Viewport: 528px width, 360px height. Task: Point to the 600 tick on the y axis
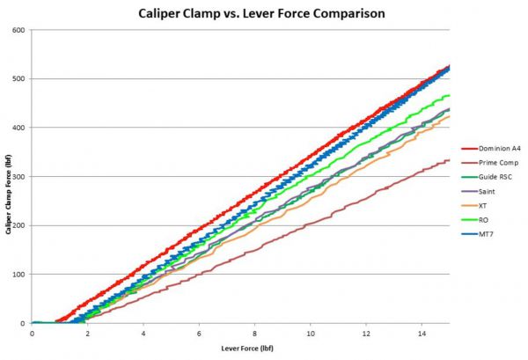(x=18, y=30)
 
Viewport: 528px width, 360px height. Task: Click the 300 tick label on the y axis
(x=18, y=177)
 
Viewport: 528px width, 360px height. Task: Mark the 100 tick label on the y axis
(x=18, y=275)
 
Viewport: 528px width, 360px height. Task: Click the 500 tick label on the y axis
(x=18, y=79)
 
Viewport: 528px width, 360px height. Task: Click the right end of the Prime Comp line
(x=450, y=160)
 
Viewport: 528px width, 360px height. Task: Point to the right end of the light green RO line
(x=450, y=95)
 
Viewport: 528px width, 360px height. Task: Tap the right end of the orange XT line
(x=450, y=116)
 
